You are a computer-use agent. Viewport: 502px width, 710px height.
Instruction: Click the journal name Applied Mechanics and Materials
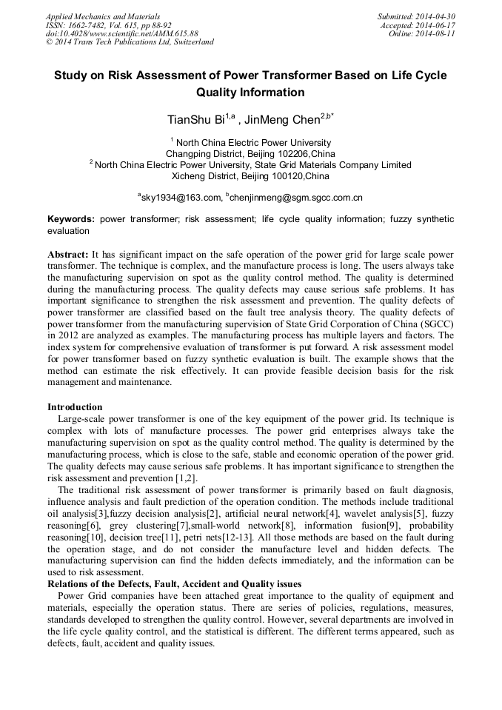102,16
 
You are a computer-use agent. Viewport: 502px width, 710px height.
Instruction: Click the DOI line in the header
121,33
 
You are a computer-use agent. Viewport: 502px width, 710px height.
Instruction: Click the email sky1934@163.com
181,198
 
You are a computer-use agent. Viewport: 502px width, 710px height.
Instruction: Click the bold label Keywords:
71,220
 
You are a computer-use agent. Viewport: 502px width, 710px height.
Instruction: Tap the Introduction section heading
75,407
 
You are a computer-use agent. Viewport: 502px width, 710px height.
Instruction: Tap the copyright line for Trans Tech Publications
130,42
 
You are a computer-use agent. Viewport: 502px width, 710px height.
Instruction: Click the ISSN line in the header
108,25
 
